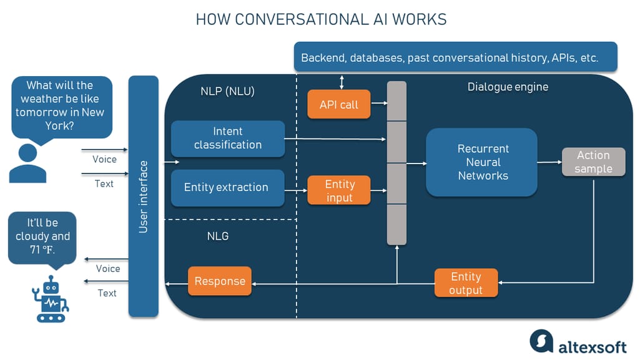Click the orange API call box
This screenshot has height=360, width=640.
point(339,105)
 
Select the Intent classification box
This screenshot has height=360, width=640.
point(227,138)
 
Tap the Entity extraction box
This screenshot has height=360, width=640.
point(227,187)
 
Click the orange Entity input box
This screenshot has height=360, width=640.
point(339,191)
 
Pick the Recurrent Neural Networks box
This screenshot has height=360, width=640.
point(482,162)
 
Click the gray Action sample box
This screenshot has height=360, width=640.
point(593,162)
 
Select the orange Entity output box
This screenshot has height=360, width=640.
point(466,283)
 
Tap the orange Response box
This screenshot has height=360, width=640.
point(220,281)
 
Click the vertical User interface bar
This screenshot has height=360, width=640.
point(144,197)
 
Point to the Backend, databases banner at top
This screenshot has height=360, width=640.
point(455,57)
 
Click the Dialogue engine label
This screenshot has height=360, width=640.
point(508,87)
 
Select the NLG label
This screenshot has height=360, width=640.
point(218,236)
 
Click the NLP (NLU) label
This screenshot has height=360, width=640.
point(227,92)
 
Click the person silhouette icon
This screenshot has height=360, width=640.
point(27,163)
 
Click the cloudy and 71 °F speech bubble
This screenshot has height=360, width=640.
point(43,236)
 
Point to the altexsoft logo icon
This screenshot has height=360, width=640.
point(541,341)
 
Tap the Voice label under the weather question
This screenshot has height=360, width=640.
point(104,159)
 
